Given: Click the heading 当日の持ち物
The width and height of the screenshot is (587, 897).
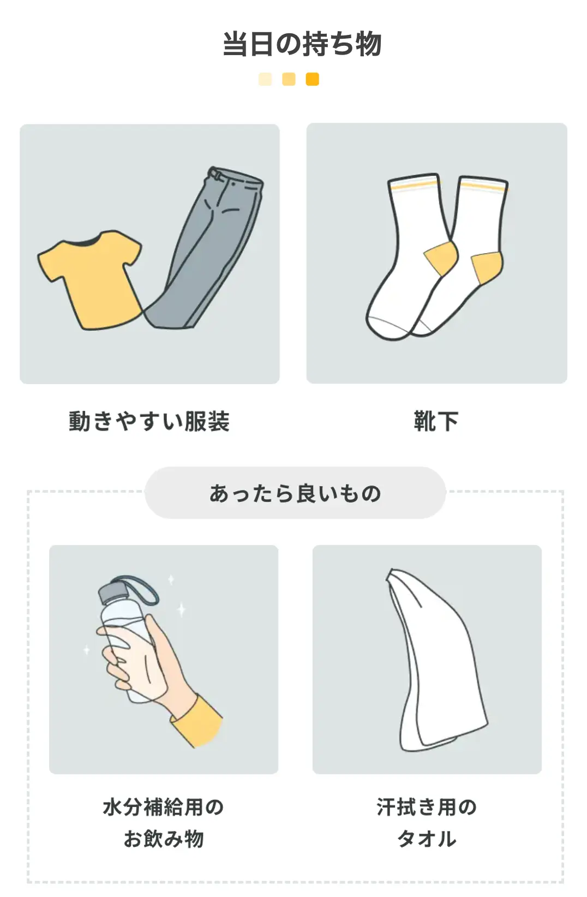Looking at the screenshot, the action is pos(302,44).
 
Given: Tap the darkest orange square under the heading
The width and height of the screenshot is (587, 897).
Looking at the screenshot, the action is pos(312,79).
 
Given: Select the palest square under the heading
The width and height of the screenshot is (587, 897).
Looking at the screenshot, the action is pos(265,79).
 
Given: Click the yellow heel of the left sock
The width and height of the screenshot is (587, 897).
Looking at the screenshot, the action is pos(441,258).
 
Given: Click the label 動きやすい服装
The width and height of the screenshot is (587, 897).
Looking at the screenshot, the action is pos(149,421).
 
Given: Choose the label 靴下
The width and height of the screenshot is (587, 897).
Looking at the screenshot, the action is pos(436,421).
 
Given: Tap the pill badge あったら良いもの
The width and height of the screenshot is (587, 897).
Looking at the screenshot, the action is pos(295,493).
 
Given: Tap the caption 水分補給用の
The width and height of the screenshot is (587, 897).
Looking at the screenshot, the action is pos(163,807).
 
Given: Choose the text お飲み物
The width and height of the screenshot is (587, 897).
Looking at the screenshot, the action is pos(163,839).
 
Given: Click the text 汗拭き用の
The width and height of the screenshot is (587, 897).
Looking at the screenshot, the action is pos(427,807).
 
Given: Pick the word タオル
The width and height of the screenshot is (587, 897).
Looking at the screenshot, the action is pos(427,839).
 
